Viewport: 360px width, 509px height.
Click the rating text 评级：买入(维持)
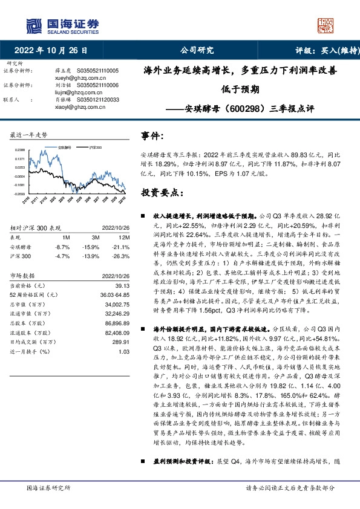(x=321, y=51)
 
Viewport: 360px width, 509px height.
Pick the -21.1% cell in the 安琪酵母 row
(x=122, y=247)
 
